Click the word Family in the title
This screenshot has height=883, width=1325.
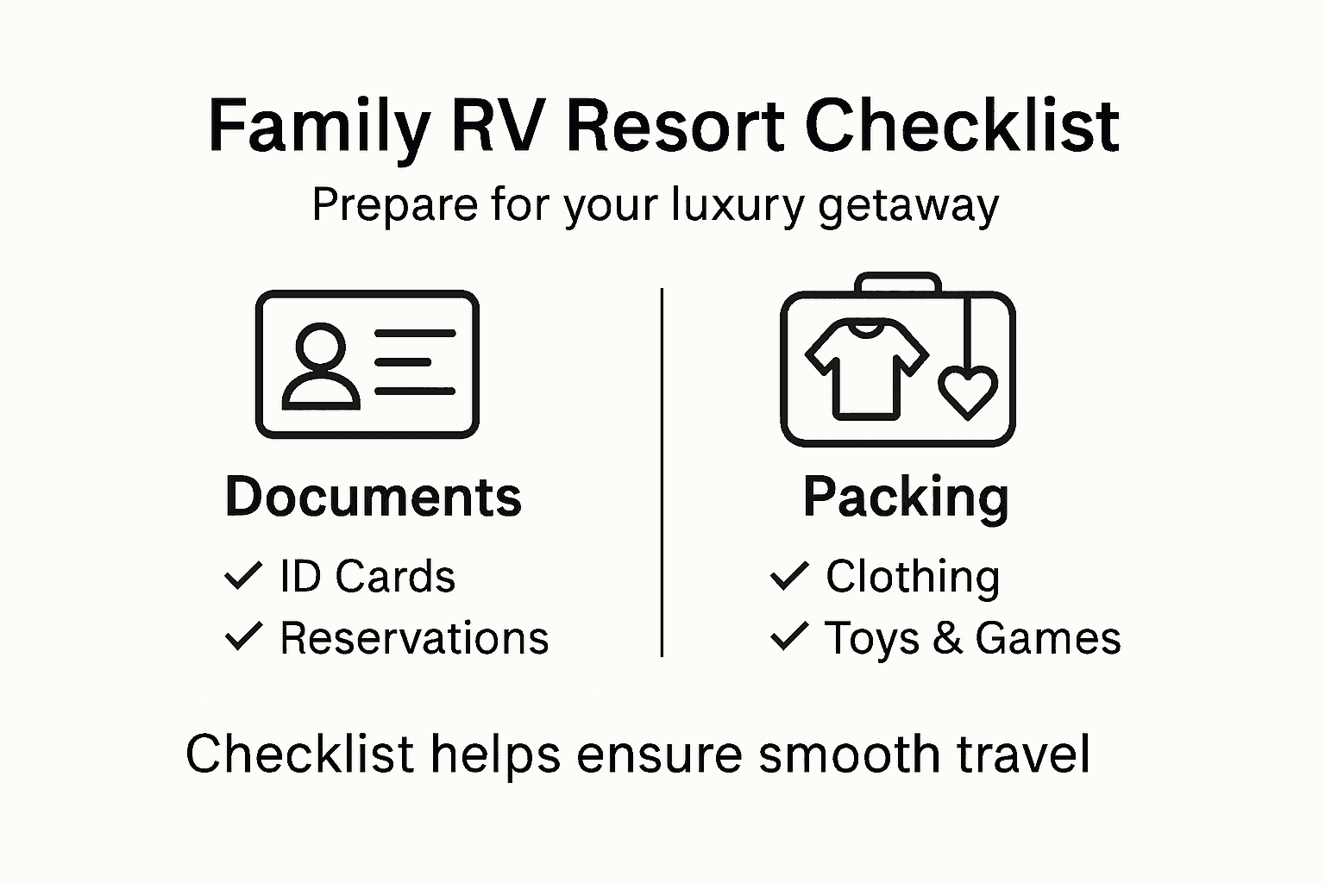point(318,127)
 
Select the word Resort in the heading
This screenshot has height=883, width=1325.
point(673,127)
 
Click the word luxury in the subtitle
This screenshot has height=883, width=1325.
point(738,206)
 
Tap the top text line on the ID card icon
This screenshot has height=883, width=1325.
point(415,334)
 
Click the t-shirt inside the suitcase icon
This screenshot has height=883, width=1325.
point(866,367)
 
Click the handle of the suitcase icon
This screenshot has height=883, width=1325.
point(897,283)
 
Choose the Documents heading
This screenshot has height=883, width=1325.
point(373,498)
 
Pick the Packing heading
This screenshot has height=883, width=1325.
point(906,498)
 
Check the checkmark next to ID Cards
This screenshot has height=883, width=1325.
point(242,575)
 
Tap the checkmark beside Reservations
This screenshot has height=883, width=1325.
point(242,636)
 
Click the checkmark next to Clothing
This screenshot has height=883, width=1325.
point(788,575)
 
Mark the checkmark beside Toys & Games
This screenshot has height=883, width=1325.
point(788,636)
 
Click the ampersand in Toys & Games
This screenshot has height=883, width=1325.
point(946,638)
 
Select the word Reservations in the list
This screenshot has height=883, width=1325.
point(414,638)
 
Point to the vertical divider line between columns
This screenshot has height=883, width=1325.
point(662,473)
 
